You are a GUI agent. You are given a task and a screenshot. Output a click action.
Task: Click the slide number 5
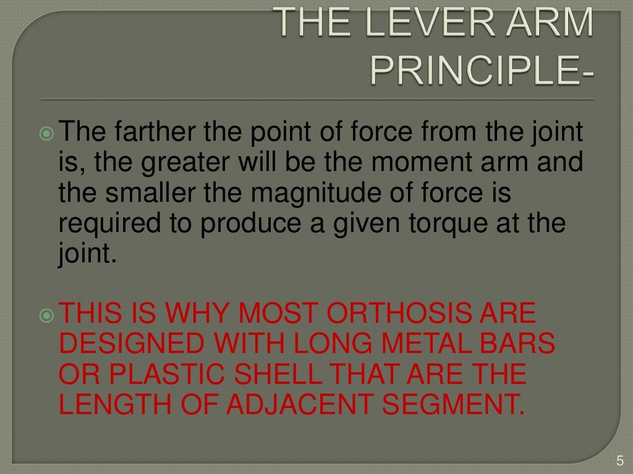coord(620,460)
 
